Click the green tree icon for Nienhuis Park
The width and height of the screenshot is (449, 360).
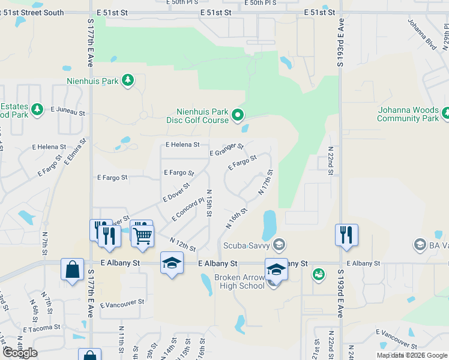(x=127, y=80)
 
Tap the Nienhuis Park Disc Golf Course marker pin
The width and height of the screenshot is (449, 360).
(x=238, y=113)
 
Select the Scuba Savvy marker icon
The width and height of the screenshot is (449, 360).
(x=279, y=244)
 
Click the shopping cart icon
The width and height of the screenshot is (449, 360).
(x=143, y=235)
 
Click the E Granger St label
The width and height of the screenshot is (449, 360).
(x=226, y=149)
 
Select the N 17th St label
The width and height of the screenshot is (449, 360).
(x=266, y=182)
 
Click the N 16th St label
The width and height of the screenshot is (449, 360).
(x=237, y=218)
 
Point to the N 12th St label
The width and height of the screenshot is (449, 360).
(x=183, y=245)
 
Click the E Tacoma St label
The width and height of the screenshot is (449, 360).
(x=41, y=328)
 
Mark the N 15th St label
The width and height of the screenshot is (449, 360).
(x=209, y=203)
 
